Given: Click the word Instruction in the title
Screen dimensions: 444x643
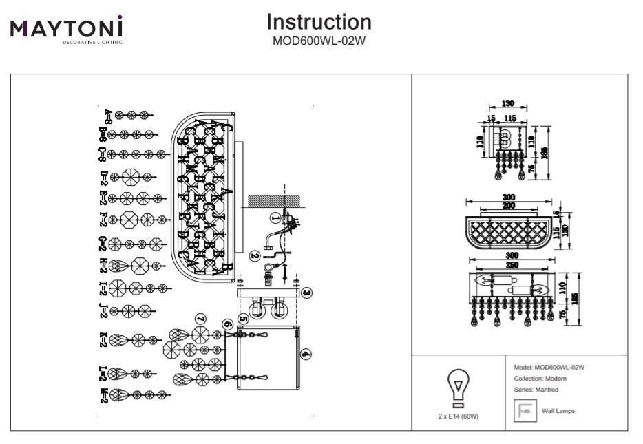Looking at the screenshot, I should pyautogui.click(x=319, y=22).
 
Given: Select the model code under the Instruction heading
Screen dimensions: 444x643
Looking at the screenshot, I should pyautogui.click(x=319, y=39).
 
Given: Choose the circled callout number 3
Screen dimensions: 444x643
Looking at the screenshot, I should pyautogui.click(x=307, y=293).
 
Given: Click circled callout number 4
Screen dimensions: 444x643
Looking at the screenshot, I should pyautogui.click(x=306, y=355).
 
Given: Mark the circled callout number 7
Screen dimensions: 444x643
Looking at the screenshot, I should pyautogui.click(x=200, y=319).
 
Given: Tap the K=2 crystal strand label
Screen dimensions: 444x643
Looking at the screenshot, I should pyautogui.click(x=104, y=339).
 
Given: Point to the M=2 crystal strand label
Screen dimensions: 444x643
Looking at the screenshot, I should pyautogui.click(x=104, y=395).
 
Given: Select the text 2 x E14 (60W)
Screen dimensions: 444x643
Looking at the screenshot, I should pyautogui.click(x=458, y=416).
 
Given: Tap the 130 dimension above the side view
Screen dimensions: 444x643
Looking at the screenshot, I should pyautogui.click(x=507, y=103).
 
